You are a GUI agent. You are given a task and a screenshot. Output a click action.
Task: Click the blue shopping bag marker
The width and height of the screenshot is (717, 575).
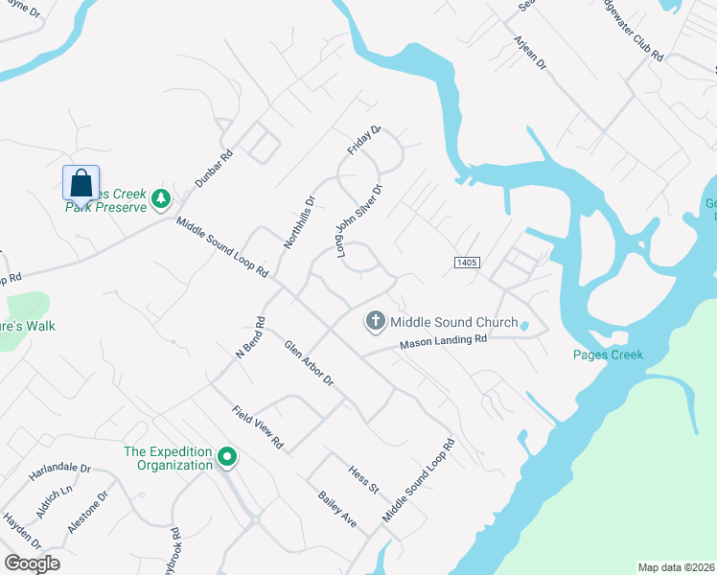click(81, 182)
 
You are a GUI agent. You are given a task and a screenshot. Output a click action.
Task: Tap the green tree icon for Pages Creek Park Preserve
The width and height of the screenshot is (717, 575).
click(162, 199)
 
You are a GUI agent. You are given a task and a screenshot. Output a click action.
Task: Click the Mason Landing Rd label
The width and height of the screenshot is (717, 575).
click(444, 340)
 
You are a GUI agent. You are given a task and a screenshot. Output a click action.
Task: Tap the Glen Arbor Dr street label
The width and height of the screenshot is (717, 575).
click(309, 363)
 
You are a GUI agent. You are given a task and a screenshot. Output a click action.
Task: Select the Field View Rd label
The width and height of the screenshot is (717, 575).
click(258, 427)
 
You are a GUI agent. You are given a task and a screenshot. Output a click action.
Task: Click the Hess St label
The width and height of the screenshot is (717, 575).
click(364, 474)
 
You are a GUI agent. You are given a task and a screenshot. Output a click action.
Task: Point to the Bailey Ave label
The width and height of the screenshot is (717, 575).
click(336, 509)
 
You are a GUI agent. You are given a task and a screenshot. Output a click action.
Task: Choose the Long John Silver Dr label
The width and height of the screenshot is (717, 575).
click(359, 220)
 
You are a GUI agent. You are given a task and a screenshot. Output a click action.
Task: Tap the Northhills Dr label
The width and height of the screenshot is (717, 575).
click(299, 223)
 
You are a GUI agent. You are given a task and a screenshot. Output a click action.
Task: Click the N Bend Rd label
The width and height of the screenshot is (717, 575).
click(249, 337)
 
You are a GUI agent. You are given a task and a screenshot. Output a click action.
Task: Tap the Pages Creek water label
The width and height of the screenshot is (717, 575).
click(607, 355)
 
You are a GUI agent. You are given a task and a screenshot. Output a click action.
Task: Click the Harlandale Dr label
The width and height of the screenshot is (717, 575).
click(58, 470)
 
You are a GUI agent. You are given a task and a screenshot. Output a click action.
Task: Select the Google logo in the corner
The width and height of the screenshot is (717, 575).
click(32, 563)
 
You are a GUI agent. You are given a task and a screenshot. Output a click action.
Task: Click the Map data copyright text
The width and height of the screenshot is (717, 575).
click(677, 567)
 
